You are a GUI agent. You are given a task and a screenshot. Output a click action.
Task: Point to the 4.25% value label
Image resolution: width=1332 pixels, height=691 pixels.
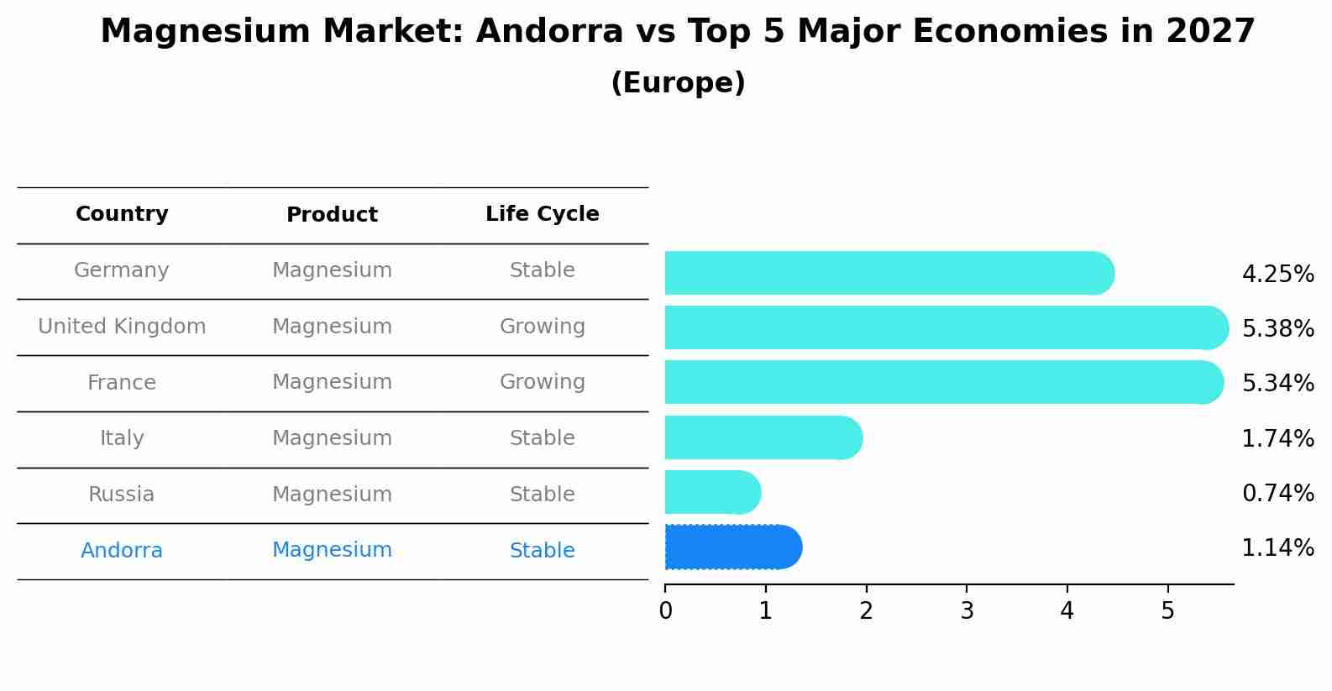[1277, 275]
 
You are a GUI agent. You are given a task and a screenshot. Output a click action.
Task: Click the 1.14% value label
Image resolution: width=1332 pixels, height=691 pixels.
[1277, 548]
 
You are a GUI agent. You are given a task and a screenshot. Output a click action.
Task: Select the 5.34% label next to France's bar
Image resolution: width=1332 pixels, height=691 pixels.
[1277, 384]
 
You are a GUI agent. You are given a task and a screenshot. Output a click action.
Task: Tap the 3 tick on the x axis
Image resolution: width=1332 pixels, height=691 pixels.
[967, 611]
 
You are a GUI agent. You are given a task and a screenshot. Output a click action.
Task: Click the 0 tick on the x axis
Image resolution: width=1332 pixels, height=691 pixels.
[665, 611]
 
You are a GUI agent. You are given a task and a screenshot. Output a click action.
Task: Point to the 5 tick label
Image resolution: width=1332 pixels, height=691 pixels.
[1167, 611]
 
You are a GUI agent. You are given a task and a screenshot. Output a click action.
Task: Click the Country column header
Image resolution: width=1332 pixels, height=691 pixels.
[122, 214]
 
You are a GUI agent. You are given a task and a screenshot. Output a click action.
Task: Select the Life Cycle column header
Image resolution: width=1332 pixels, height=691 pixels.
[542, 214]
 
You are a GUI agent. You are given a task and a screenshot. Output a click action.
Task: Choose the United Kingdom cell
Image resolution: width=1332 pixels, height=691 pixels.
[122, 327]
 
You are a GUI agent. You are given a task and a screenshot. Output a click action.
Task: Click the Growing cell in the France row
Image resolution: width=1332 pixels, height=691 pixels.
[542, 382]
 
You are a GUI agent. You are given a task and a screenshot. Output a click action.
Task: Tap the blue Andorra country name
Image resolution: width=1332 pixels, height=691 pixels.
[122, 551]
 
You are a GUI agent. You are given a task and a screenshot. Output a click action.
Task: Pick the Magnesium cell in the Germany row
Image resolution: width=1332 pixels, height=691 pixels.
[332, 270]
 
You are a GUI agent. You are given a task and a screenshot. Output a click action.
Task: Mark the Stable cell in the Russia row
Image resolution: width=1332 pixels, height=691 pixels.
[542, 495]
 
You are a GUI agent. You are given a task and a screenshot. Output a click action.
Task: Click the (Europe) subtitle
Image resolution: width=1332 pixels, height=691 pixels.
[678, 83]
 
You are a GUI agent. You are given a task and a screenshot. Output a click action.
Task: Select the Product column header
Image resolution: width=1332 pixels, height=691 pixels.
[332, 215]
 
